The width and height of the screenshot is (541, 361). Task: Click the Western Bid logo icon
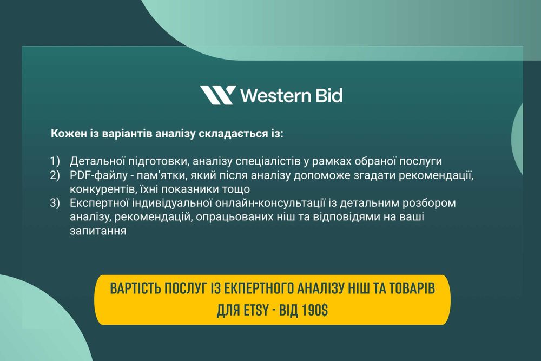217,95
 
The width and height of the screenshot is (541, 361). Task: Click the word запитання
98,232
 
